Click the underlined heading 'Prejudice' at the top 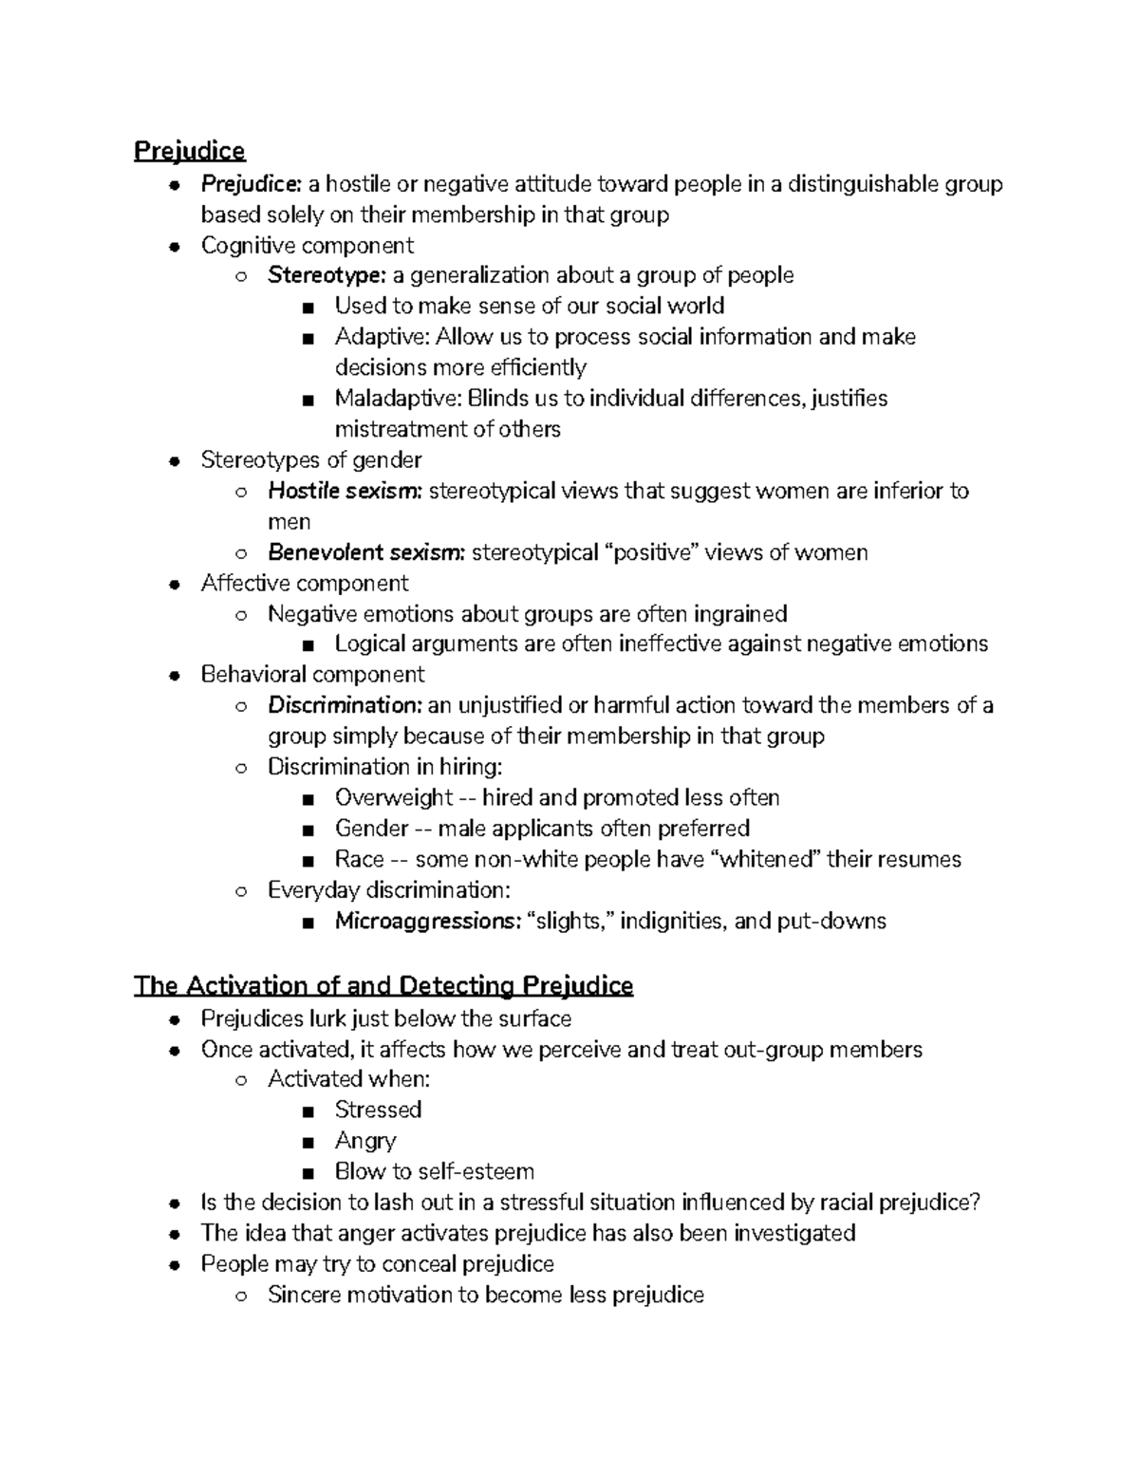pyautogui.click(x=189, y=151)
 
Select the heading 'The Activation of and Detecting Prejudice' pyautogui.click(x=383, y=985)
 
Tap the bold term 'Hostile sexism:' pyautogui.click(x=345, y=491)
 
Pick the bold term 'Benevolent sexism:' pyautogui.click(x=365, y=552)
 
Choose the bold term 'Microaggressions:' pyautogui.click(x=426, y=921)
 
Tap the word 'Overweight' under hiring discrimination pyautogui.click(x=393, y=797)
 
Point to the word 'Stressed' pyautogui.click(x=378, y=1110)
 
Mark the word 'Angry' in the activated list pyautogui.click(x=365, y=1141)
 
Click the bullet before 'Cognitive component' pyautogui.click(x=174, y=247)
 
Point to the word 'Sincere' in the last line pyautogui.click(x=303, y=1295)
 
